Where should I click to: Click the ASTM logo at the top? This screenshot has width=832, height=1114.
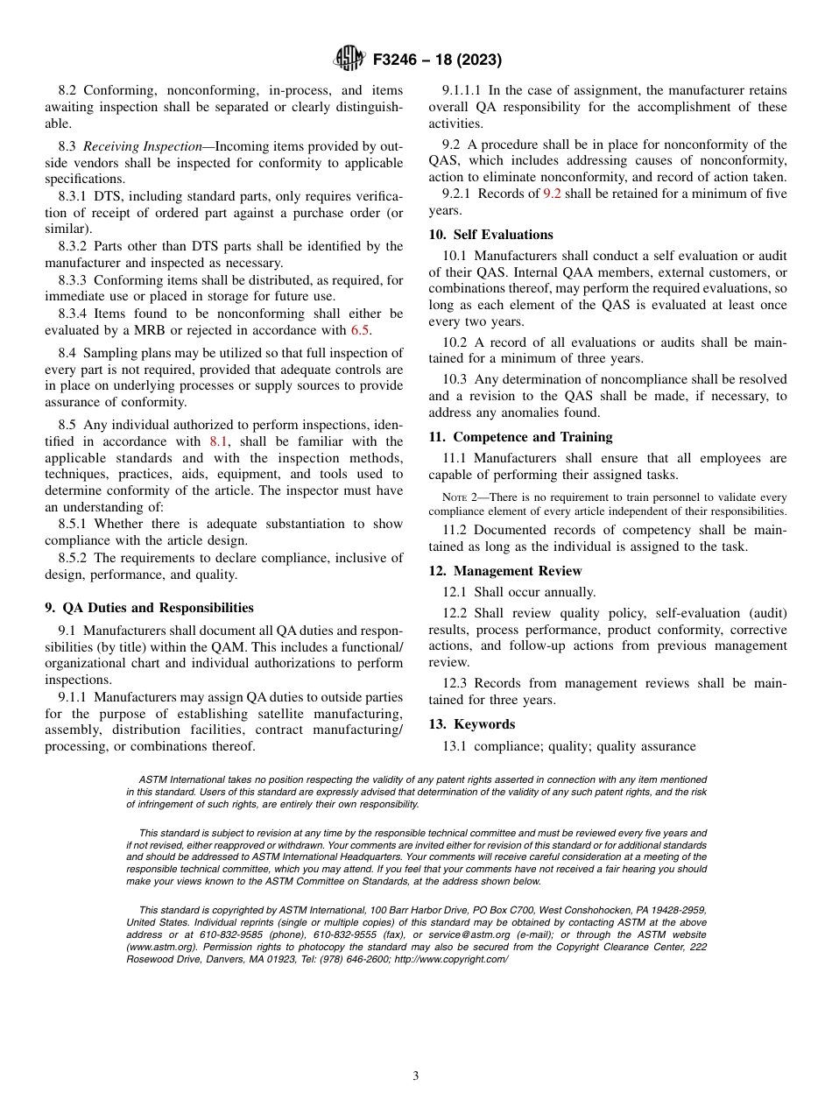(349, 60)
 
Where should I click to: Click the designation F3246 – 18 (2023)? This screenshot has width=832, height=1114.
(437, 60)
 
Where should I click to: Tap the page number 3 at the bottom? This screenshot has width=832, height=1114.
(416, 1075)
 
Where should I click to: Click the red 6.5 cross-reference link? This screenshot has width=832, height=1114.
(360, 330)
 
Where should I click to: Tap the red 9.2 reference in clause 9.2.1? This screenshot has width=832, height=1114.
(552, 194)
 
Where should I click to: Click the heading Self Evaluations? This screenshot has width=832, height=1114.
(503, 235)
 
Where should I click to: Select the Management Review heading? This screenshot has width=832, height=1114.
(517, 571)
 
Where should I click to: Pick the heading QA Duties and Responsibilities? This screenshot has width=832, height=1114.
(158, 608)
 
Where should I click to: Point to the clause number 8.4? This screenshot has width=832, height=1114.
(67, 353)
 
